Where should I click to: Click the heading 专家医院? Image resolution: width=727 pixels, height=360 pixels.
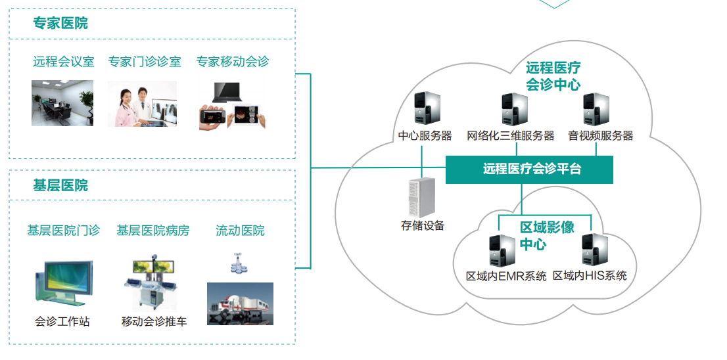(x=60, y=24)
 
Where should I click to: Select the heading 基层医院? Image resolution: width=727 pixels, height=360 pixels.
(x=60, y=186)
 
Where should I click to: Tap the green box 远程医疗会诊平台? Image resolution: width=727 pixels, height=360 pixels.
(x=529, y=169)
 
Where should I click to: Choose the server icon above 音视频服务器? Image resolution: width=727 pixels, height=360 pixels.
(x=597, y=109)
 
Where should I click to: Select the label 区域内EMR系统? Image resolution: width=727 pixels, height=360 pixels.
(x=505, y=276)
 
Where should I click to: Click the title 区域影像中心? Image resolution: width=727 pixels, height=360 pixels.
(x=546, y=235)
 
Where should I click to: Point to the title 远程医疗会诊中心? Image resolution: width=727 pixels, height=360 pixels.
(x=552, y=76)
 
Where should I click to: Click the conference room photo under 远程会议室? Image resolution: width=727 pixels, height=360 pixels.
(x=62, y=103)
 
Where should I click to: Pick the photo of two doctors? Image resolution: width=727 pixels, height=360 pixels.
(x=142, y=103)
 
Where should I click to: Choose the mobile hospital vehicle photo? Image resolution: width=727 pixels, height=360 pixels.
(x=240, y=304)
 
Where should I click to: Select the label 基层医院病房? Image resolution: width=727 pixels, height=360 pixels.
(x=152, y=231)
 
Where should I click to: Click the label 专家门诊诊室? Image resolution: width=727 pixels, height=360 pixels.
(x=145, y=62)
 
